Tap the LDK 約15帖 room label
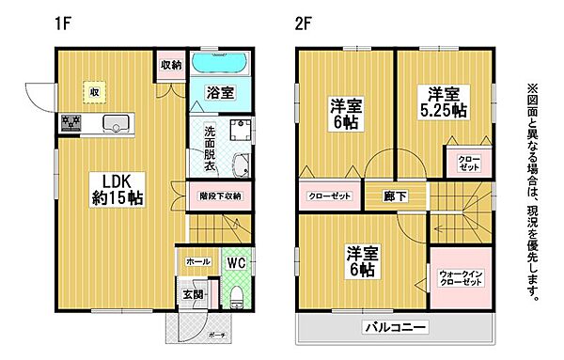click(116, 188)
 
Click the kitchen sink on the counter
click(117, 122)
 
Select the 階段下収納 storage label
click(220, 196)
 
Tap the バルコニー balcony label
click(395, 328)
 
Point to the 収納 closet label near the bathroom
click(170, 65)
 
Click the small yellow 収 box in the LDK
click(94, 92)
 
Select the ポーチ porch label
click(215, 334)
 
